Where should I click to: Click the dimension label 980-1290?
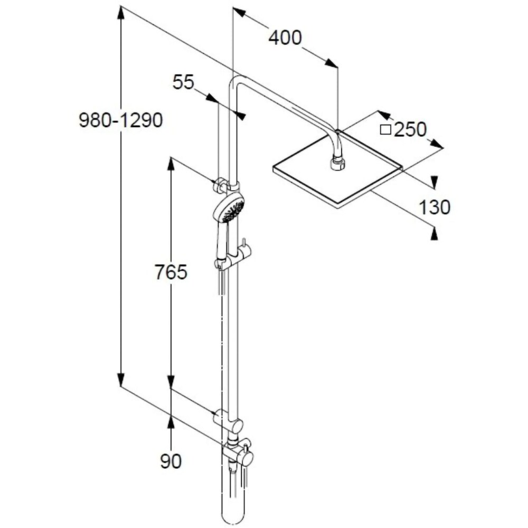[120, 121]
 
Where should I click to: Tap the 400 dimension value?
[285, 38]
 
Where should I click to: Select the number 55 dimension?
[184, 82]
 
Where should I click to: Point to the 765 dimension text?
[171, 272]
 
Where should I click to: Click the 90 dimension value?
[171, 461]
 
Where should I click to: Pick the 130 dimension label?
[435, 208]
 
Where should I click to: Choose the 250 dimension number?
[410, 129]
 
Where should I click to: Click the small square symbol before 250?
[386, 129]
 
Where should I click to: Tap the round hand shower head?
[230, 207]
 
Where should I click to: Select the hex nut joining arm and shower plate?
[337, 163]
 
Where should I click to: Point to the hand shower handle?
[222, 240]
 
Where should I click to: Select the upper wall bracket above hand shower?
[226, 185]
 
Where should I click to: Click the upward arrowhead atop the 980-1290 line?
[121, 14]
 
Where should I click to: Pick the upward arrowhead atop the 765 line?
[171, 163]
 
